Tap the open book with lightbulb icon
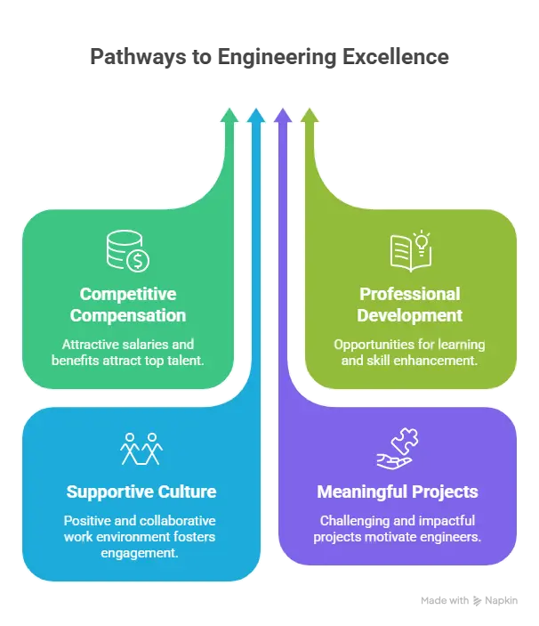coord(410,250)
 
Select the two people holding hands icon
coord(141,449)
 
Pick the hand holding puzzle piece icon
coord(398,449)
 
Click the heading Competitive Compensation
coord(128,305)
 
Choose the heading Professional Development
coord(410,305)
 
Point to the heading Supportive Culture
coord(141,492)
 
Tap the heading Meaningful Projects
coord(398,492)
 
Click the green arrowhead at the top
coord(229,115)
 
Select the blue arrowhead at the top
coord(256,115)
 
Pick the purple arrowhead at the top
coord(283,115)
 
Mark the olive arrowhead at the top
coord(310,115)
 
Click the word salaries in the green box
coord(158,344)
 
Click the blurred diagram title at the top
coord(269,56)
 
